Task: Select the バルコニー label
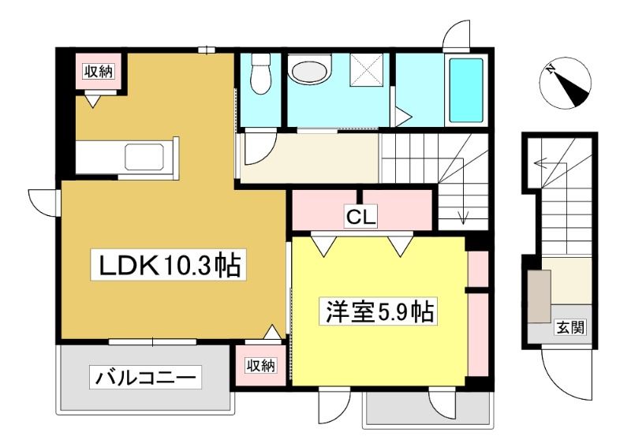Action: coord(145,378)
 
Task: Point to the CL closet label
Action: coord(361,218)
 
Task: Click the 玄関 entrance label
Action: coord(569,327)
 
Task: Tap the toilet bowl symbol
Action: coord(260,75)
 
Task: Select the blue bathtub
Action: coord(466,90)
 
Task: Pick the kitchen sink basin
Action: coord(144,157)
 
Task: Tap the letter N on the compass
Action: coord(550,69)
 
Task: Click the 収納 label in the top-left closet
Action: coord(99,72)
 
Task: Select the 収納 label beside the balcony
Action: coord(261,365)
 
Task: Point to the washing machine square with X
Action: coord(366,69)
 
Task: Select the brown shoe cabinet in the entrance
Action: coord(540,296)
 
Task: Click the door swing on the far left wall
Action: coord(42,203)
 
